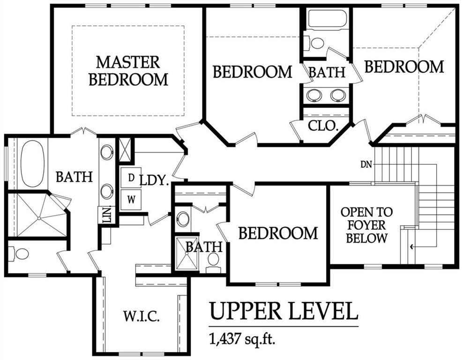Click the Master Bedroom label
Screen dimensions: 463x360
[128, 71]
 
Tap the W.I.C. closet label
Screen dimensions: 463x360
[142, 316]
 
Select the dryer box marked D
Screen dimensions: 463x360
[131, 178]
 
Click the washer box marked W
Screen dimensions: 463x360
[131, 200]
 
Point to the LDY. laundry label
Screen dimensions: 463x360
[154, 180]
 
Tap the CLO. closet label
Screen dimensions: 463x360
[323, 126]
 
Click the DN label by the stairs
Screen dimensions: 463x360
[366, 164]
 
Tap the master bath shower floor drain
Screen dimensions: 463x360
[39, 218]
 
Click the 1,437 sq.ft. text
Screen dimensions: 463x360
[242, 339]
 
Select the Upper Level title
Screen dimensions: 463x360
[284, 311]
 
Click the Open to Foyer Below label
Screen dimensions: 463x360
[367, 225]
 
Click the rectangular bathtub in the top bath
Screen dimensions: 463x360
[327, 20]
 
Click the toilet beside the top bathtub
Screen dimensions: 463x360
[315, 43]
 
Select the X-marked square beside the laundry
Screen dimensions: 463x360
[125, 150]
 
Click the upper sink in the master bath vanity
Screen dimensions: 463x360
[106, 152]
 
